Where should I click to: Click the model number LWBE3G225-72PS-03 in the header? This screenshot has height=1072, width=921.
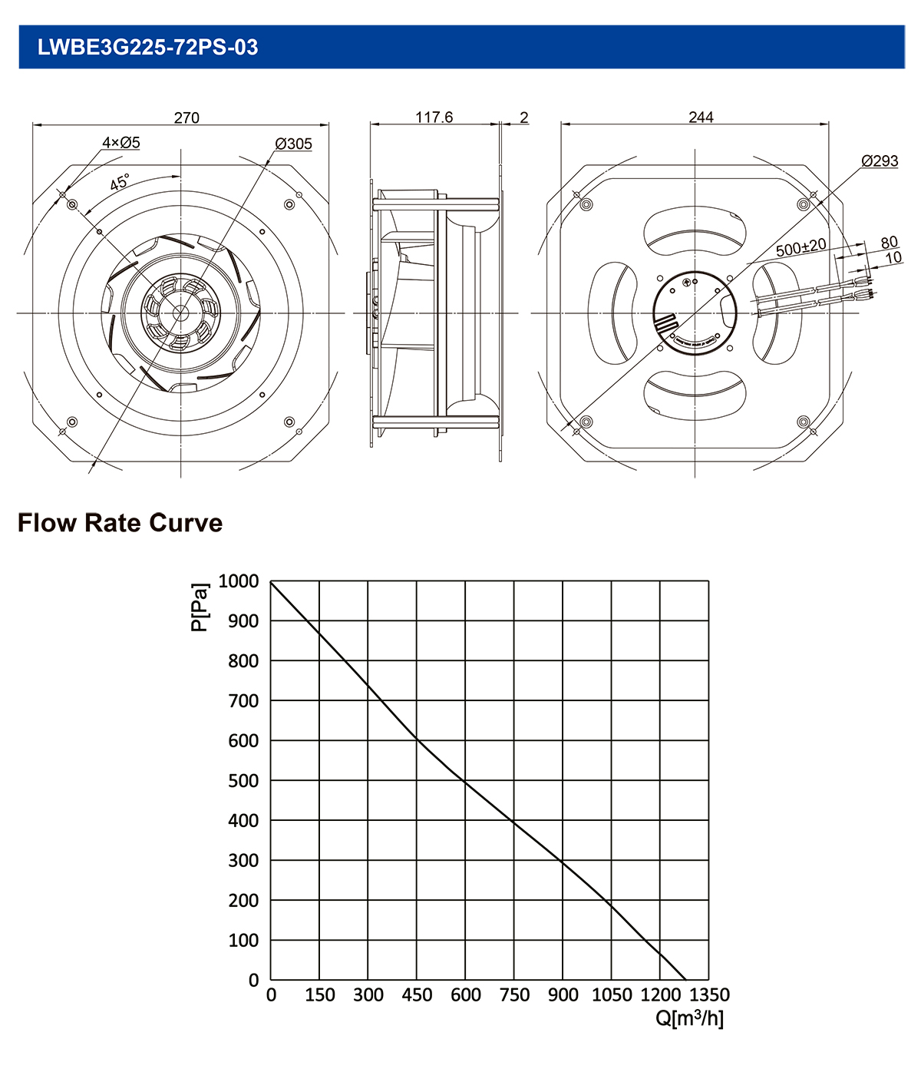147,47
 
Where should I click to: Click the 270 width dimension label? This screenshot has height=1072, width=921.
187,117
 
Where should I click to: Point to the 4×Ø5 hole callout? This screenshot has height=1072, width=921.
121,142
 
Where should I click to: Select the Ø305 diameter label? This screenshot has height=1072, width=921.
293,144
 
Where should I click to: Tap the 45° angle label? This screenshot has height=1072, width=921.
120,182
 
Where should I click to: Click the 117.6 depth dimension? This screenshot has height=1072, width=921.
434,117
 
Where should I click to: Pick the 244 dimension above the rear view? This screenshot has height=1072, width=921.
701,117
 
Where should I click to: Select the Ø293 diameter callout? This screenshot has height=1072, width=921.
880,160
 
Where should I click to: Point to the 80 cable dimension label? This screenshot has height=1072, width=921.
889,242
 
